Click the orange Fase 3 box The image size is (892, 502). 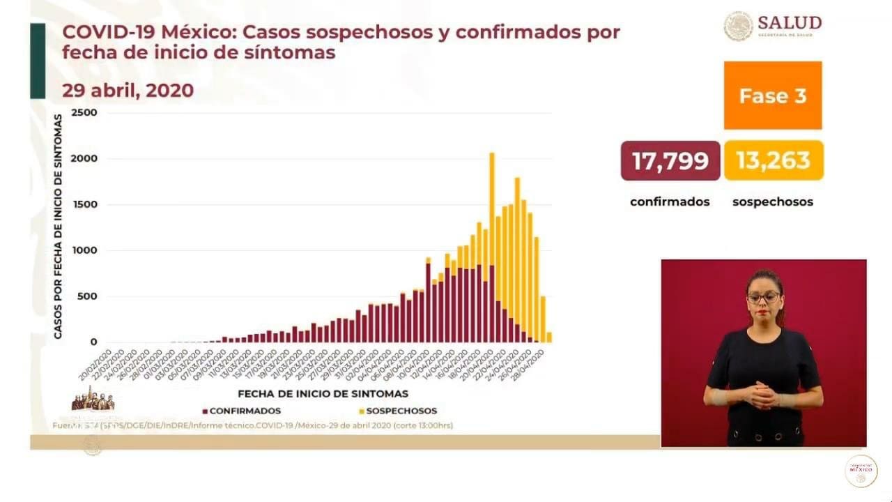[x=772, y=96]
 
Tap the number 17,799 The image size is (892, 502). [x=670, y=160]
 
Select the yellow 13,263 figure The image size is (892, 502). [x=774, y=160]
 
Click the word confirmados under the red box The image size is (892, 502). [x=670, y=201]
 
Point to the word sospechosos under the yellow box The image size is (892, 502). [x=773, y=201]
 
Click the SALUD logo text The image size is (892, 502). [x=789, y=23]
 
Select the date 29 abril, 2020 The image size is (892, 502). [x=128, y=91]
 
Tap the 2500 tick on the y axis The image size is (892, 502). [x=84, y=113]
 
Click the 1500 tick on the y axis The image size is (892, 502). [x=84, y=205]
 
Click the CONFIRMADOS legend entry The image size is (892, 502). [x=242, y=411]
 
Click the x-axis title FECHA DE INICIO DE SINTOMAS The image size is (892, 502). [x=323, y=394]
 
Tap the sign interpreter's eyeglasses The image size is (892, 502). [x=763, y=298]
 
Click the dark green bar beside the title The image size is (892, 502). [x=38, y=61]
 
